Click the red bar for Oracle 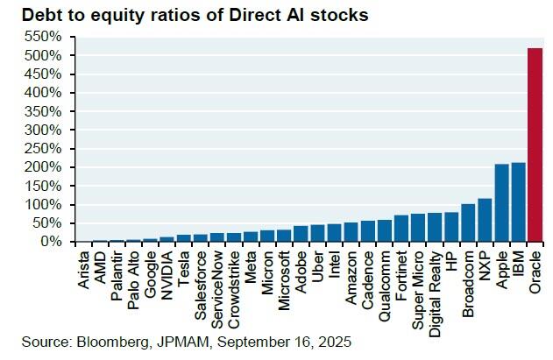click(536, 145)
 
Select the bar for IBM click(519, 201)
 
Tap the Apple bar click(502, 202)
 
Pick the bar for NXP click(486, 220)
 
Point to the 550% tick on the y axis click(44, 37)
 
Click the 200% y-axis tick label click(44, 166)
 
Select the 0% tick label click(51, 241)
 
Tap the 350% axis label click(44, 111)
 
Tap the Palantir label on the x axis click(116, 269)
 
